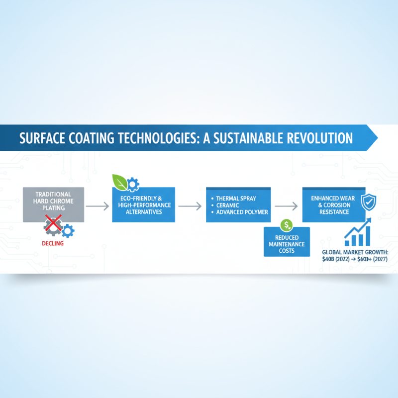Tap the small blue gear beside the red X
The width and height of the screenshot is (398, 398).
tap(67, 230)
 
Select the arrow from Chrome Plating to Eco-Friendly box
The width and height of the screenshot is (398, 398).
tap(98, 205)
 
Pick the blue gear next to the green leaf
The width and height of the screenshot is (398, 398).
tap(133, 185)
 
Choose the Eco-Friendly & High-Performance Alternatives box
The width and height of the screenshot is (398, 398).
tap(144, 205)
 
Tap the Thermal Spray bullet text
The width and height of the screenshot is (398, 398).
tap(236, 199)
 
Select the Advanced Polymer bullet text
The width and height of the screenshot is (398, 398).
tap(242, 212)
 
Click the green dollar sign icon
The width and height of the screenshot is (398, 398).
tap(286, 225)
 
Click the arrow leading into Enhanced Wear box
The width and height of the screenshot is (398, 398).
tap(286, 205)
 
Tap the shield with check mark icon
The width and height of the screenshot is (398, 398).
tap(368, 201)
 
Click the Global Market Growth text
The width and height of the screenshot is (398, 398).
tap(355, 252)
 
